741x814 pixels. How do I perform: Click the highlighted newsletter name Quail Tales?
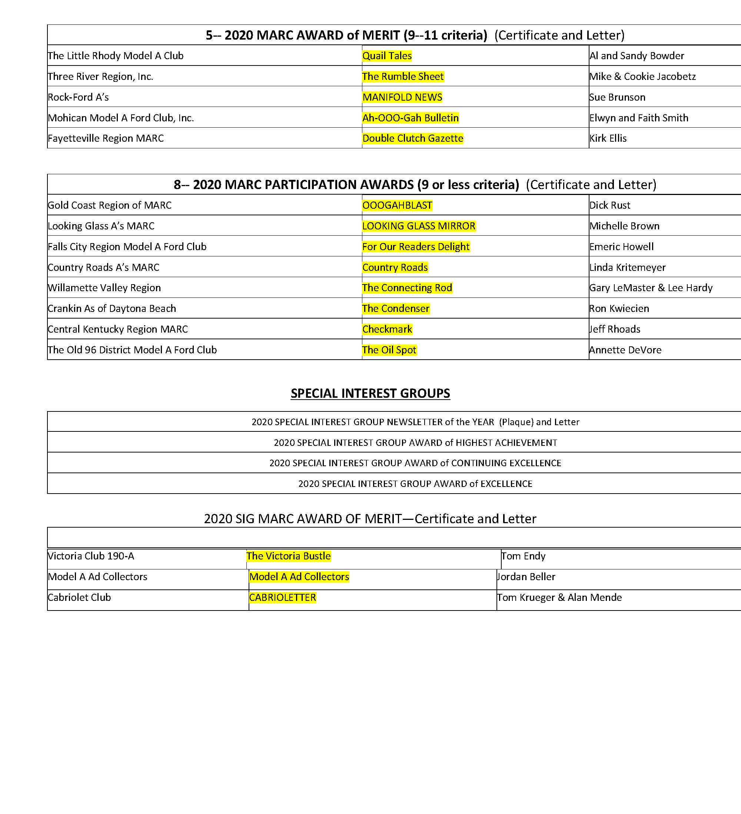tap(387, 56)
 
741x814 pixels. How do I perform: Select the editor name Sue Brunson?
tap(617, 97)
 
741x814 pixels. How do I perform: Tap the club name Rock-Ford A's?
tap(78, 97)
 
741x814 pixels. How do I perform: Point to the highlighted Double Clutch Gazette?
tap(413, 138)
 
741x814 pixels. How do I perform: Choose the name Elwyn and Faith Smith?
tap(639, 118)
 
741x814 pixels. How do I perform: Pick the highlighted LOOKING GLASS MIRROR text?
tap(419, 226)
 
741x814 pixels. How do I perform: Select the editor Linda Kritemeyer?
tap(627, 267)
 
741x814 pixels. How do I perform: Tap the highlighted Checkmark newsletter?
tap(387, 329)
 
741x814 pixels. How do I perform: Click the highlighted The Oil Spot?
tap(389, 350)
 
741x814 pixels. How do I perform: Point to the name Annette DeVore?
tap(625, 350)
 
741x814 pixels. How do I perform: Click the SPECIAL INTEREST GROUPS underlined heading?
tap(370, 393)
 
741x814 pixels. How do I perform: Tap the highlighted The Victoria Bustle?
tap(289, 556)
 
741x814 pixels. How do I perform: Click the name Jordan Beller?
tap(526, 576)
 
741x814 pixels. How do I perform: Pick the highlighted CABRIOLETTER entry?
tap(283, 598)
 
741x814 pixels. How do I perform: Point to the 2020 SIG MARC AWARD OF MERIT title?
tap(370, 519)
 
